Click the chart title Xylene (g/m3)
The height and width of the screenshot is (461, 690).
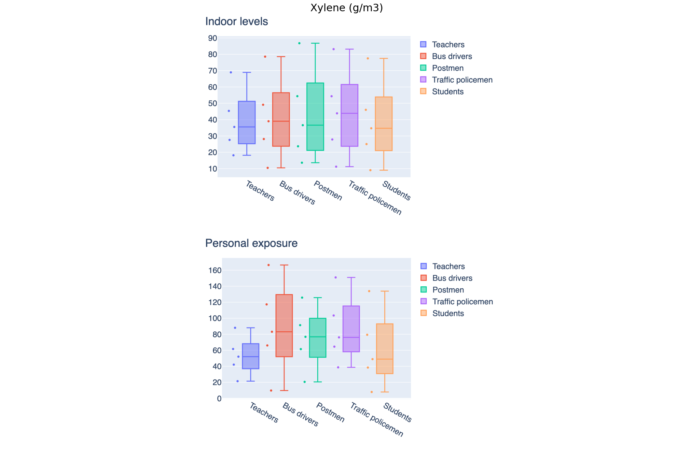[346, 8]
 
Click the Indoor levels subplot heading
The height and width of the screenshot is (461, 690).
[236, 21]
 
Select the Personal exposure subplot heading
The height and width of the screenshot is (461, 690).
[251, 243]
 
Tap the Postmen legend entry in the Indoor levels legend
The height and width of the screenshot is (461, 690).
[447, 68]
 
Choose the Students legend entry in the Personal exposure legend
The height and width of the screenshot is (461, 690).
[448, 314]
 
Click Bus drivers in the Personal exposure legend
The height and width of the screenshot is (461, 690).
[452, 278]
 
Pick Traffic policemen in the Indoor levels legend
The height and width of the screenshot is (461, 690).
[462, 80]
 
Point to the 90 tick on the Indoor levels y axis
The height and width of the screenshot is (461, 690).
[212, 38]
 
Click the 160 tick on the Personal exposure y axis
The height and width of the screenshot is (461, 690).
[215, 271]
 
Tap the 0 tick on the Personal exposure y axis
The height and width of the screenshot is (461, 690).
[219, 399]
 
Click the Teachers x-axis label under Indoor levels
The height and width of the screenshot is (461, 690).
[260, 191]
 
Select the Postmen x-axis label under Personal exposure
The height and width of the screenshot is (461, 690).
[330, 412]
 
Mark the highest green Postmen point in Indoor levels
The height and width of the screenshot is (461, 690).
[299, 43]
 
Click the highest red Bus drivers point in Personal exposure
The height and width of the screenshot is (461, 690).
[268, 265]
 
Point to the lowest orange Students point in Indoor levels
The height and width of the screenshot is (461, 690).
[370, 170]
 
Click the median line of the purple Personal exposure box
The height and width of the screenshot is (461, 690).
[351, 337]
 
